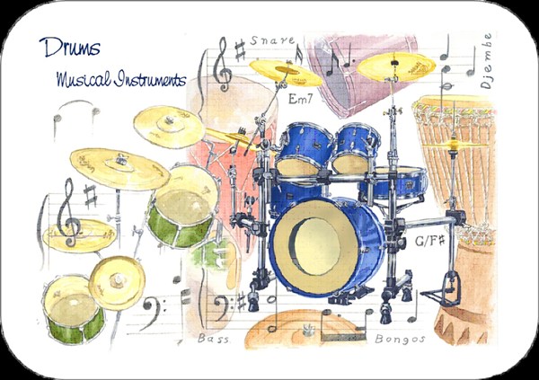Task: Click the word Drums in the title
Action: point(70,47)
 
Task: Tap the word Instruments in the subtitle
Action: point(150,79)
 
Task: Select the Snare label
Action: point(272,40)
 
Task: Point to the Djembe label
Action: point(487,61)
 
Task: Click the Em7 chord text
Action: point(300,99)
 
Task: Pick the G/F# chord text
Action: point(429,241)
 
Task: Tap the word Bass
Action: point(213,339)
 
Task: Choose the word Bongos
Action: point(400,339)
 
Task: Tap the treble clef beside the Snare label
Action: point(222,65)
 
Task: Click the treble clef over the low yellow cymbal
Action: point(69,213)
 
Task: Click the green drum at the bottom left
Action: point(74,310)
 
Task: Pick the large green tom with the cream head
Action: point(182,207)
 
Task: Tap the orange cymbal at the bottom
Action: point(306,330)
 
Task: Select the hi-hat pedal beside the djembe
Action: point(444,290)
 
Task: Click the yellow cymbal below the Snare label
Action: point(286,73)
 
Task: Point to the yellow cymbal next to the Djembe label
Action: point(396,66)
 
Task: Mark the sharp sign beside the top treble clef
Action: point(240,50)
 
